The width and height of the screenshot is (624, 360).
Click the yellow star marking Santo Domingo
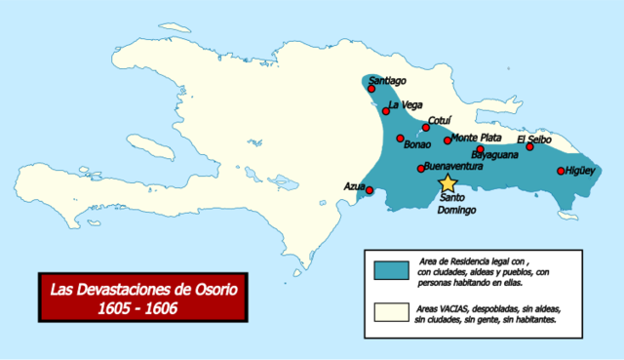pos(448,182)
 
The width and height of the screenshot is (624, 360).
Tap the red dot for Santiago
pos(371,89)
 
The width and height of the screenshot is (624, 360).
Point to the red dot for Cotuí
pos(426,128)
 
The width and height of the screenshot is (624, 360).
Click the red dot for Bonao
pos(401,139)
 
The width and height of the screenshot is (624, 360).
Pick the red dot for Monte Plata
pos(448,140)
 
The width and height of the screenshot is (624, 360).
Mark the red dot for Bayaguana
pos(480,149)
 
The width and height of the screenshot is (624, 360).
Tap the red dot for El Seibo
pos(530,147)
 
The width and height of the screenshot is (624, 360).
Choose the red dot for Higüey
pos(561,172)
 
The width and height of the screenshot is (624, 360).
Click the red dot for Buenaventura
pos(420,169)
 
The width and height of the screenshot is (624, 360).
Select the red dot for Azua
pos(369,189)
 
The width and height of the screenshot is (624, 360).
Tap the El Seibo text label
pos(535,138)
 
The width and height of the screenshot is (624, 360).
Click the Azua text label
pos(354,185)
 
